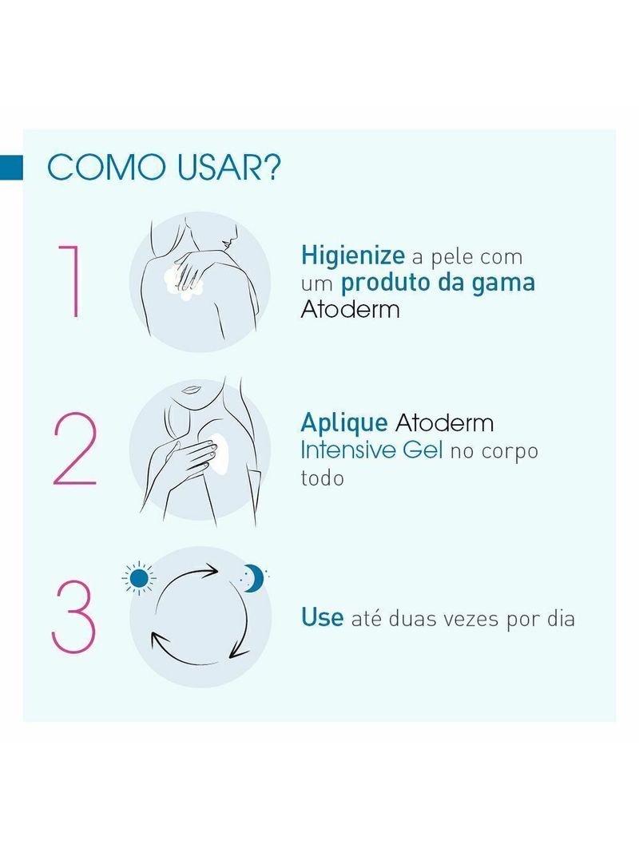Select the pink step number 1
(x=71, y=281)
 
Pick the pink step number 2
(x=75, y=449)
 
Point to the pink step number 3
(x=74, y=616)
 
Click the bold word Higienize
(x=352, y=256)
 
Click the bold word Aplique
(x=344, y=423)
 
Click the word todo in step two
(x=322, y=478)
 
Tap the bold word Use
(x=322, y=618)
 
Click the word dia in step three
(x=561, y=618)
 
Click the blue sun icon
(x=139, y=578)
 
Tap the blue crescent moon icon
(x=253, y=578)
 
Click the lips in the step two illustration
(x=191, y=389)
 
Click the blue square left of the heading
(x=11, y=168)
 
